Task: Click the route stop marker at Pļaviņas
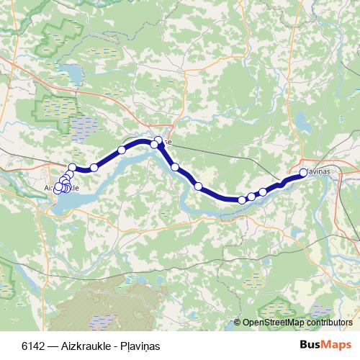(303, 172)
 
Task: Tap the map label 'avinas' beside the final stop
(318, 173)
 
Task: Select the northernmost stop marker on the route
(158, 140)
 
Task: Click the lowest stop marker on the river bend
(242, 199)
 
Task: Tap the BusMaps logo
(325, 346)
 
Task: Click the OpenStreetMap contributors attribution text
(297, 323)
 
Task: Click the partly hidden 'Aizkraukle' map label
(62, 187)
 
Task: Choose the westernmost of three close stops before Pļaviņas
(242, 199)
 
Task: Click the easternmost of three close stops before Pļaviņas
(263, 192)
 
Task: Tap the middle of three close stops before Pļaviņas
(251, 197)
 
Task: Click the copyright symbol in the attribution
(238, 323)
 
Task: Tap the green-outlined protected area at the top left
(61, 32)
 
